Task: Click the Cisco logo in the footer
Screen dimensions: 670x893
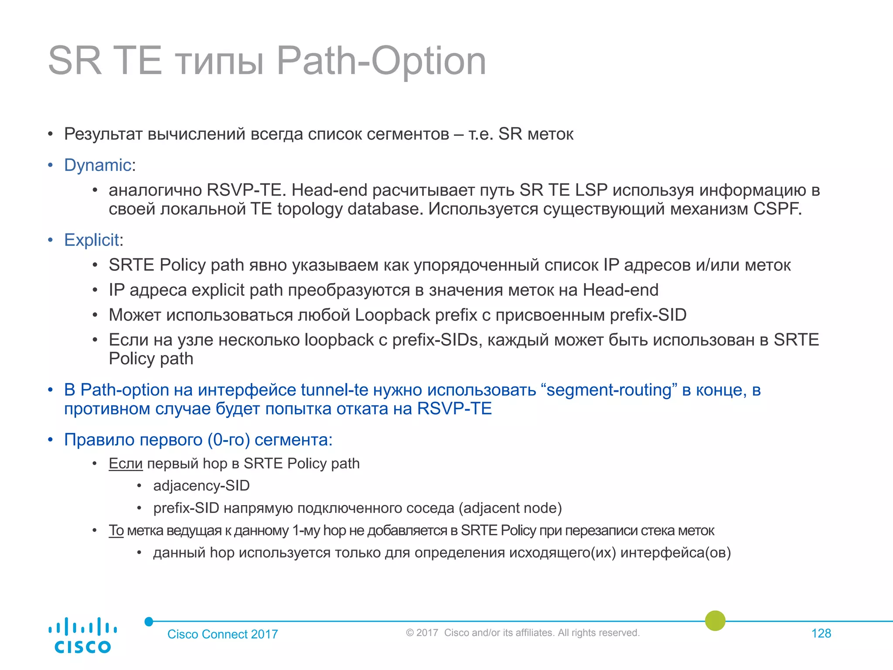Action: [x=82, y=635]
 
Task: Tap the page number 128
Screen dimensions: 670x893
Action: [x=821, y=633]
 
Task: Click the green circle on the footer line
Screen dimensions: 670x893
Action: [x=715, y=620]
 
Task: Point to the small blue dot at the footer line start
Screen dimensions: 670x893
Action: [x=149, y=622]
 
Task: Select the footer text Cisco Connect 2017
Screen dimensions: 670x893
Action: [x=222, y=634]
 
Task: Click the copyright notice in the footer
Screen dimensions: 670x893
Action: [x=522, y=633]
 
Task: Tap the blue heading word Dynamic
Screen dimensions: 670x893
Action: [x=98, y=165]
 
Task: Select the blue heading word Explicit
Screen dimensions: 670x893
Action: [x=92, y=240]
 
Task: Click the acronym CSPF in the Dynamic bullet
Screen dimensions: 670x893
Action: [x=777, y=209]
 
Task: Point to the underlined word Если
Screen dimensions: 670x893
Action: [x=126, y=463]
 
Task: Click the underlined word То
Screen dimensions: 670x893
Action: [x=116, y=530]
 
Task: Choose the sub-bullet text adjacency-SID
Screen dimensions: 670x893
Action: [x=201, y=485]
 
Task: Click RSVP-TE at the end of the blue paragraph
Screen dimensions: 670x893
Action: [x=454, y=409]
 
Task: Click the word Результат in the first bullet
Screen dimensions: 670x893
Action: [x=103, y=134]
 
